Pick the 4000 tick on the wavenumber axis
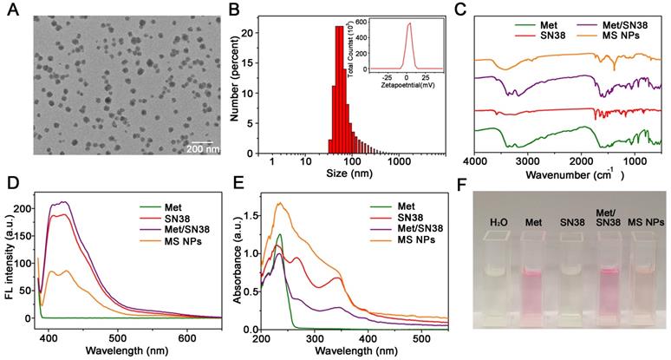(x=473, y=162)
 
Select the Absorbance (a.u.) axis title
(x=237, y=260)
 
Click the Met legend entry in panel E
(x=391, y=206)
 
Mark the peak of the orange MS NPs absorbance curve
(x=279, y=204)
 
